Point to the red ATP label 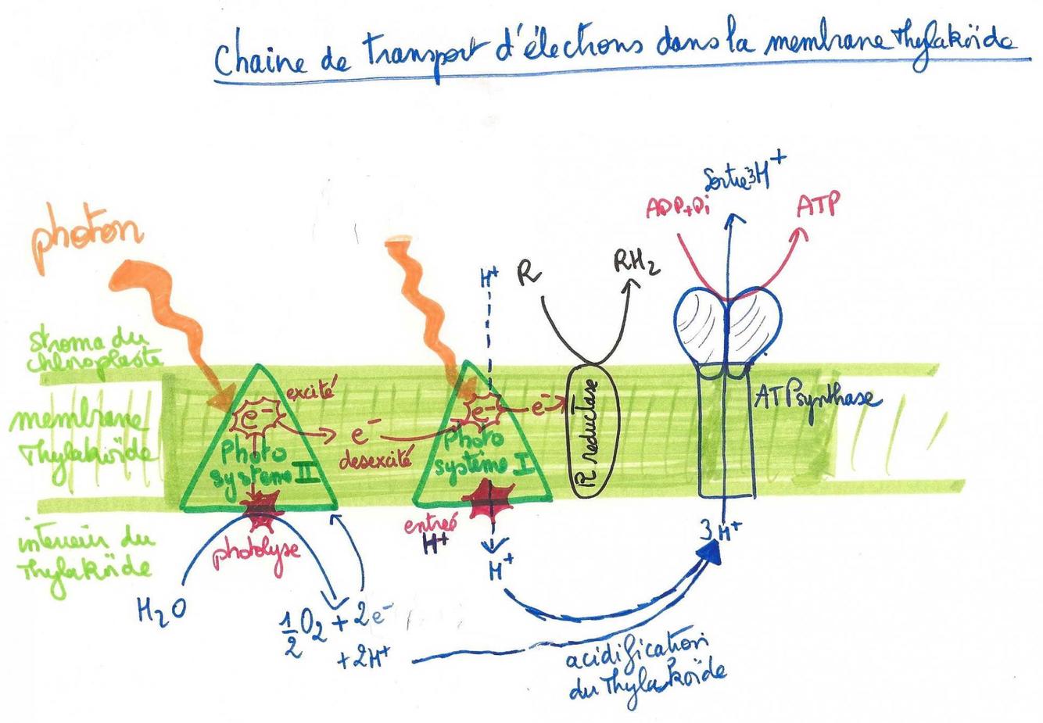[x=819, y=205]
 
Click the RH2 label [x=636, y=263]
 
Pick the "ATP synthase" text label [x=817, y=399]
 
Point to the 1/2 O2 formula [x=304, y=629]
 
